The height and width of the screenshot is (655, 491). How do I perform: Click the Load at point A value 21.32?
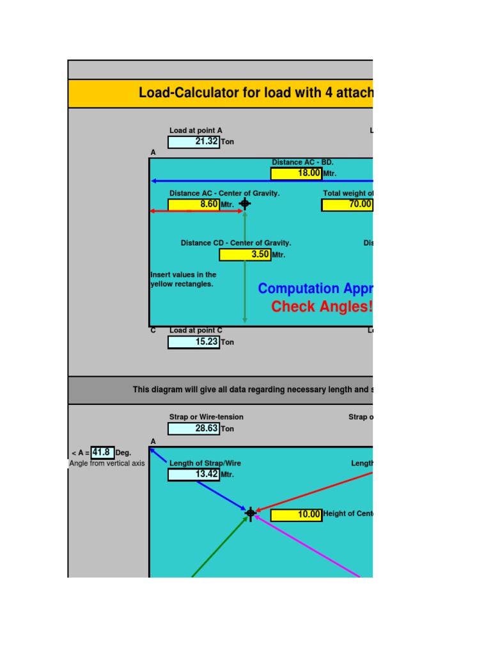click(x=194, y=142)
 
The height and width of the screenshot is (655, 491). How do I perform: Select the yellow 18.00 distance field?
click(x=296, y=173)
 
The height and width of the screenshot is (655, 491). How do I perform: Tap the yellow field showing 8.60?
click(x=194, y=204)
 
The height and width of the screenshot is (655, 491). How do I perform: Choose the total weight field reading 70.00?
click(x=347, y=204)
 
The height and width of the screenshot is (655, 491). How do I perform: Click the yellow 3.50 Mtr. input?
click(x=245, y=255)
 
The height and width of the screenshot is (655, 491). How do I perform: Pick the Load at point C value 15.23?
click(x=194, y=342)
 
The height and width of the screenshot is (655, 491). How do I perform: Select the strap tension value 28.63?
click(x=194, y=429)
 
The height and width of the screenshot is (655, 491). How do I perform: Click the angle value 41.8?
click(x=102, y=453)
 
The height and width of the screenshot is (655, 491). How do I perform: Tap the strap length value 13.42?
click(x=194, y=475)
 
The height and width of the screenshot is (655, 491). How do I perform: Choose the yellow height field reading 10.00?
click(x=296, y=514)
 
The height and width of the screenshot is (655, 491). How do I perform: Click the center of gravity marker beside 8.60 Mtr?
click(x=244, y=204)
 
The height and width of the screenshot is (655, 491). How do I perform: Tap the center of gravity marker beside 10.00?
click(x=251, y=512)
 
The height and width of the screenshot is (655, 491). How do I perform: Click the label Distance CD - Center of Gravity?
click(x=236, y=243)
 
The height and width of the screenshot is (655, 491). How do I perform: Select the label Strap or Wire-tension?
click(x=206, y=417)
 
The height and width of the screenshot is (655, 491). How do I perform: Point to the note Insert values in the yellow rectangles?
click(x=183, y=280)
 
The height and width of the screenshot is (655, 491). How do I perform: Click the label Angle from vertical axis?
click(x=107, y=463)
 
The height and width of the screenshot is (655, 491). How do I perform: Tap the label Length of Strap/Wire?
click(x=205, y=463)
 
